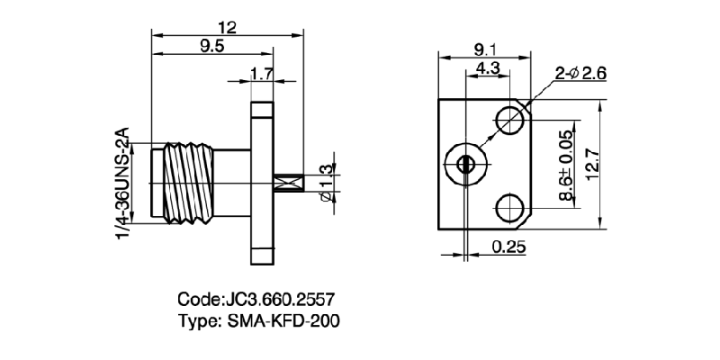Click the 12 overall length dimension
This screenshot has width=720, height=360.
(x=227, y=28)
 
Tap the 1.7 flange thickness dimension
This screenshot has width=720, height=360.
(x=262, y=76)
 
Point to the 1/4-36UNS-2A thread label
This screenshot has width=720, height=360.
(x=123, y=184)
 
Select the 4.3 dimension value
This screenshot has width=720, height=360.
(x=488, y=69)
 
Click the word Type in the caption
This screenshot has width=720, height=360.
(x=199, y=319)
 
